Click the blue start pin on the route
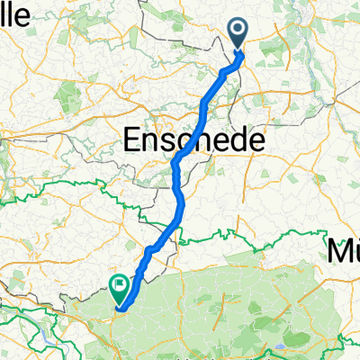[239, 33]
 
